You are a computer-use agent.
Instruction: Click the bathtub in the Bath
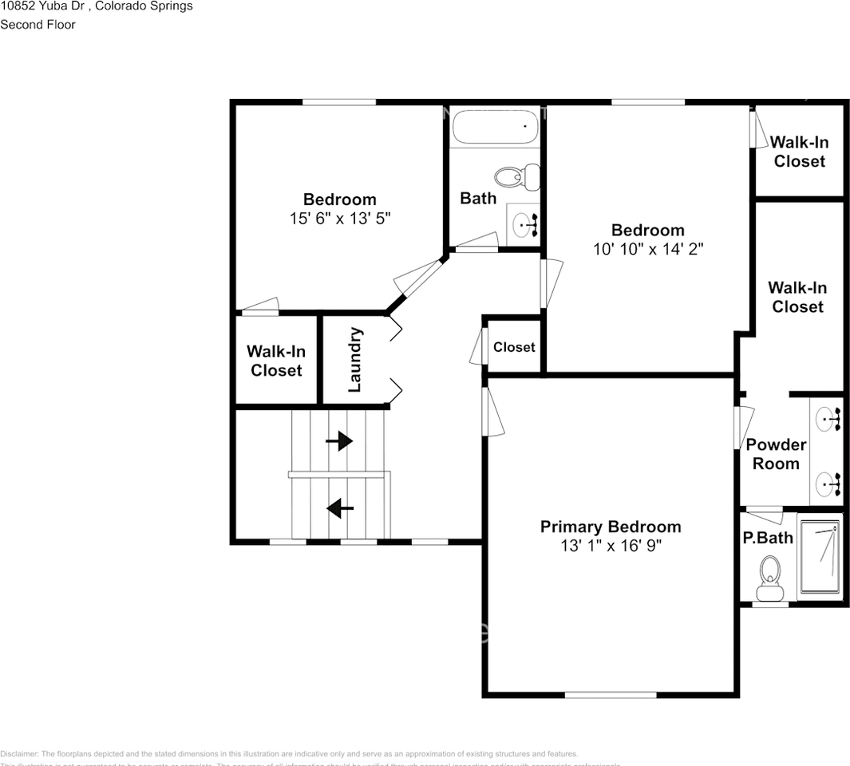click(x=495, y=126)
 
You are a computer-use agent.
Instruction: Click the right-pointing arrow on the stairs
click(x=339, y=440)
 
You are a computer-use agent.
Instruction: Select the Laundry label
click(x=356, y=360)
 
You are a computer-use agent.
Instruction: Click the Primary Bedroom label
click(x=611, y=527)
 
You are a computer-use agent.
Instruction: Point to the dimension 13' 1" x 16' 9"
click(x=611, y=546)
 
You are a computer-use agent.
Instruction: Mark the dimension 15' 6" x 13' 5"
click(x=340, y=219)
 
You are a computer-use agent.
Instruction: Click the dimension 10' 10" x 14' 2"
click(x=647, y=249)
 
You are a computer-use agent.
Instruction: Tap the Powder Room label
click(x=776, y=454)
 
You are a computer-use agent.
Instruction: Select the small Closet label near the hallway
click(x=514, y=347)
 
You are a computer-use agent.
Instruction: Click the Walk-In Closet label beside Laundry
click(x=275, y=361)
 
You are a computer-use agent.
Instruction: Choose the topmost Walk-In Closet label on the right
click(x=799, y=152)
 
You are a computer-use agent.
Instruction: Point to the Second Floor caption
click(x=38, y=25)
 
